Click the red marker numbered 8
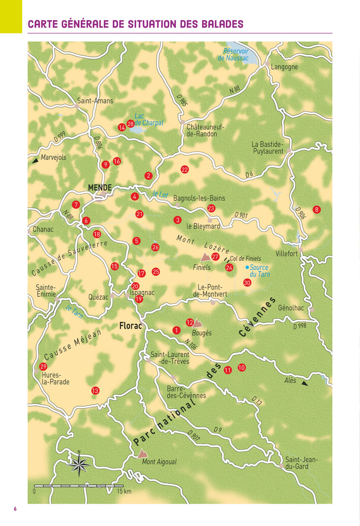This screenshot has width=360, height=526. pos(316,209)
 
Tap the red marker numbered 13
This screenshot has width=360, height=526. pos(95,391)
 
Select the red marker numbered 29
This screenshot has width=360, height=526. pos(43,367)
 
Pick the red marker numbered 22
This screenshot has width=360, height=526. pos(185,170)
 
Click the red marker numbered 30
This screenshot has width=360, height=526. pos(247,282)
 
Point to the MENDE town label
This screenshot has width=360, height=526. pos(100,188)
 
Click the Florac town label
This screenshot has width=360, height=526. pos(130,325)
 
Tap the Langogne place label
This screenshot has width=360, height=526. pos(284,67)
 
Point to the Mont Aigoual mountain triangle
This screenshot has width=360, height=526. pos(142,454)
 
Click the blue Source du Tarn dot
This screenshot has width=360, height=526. pos(247,267)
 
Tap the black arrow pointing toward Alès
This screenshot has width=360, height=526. pos(305,384)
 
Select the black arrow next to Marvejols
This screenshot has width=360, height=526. pos(35,160)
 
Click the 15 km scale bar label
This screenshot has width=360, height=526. pos(124,492)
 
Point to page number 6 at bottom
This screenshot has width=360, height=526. pos(15,509)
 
